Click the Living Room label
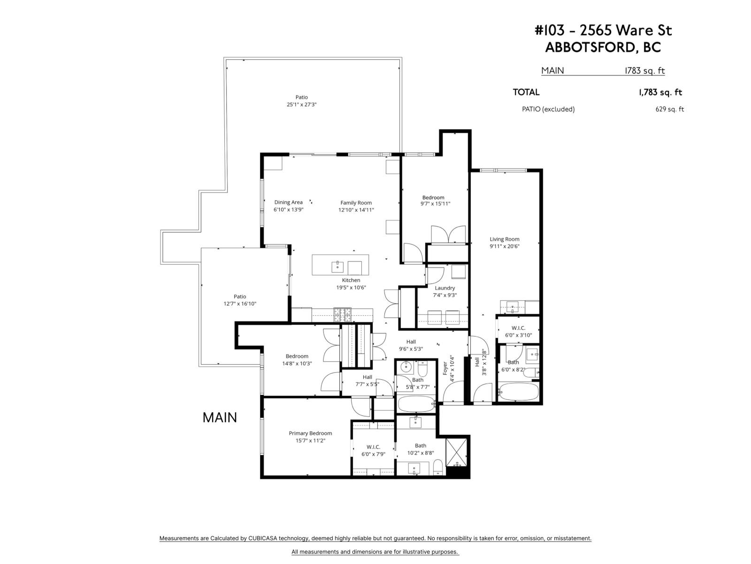[505, 239]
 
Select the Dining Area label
[288, 203]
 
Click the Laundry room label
[444, 288]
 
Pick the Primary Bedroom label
[310, 433]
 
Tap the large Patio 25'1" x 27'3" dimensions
[302, 105]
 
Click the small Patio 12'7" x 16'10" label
[240, 297]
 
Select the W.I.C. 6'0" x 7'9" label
[373, 447]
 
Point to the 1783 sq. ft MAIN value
[644, 71]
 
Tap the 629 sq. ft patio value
[669, 110]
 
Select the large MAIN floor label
[220, 417]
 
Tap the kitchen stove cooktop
[342, 314]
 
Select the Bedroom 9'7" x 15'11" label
[433, 198]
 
